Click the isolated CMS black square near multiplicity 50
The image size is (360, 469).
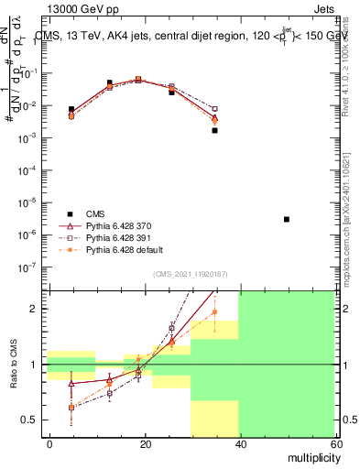tap(287, 219)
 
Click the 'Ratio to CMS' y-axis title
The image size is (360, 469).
tap(12, 364)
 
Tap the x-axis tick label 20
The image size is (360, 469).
tap(144, 443)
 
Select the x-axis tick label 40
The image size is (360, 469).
tap(239, 443)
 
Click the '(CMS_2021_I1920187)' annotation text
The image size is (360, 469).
tap(191, 273)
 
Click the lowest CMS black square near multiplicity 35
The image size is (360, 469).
tap(214, 130)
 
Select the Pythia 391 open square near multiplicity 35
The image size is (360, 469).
tap(214, 109)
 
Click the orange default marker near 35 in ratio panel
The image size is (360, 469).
tap(214, 311)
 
